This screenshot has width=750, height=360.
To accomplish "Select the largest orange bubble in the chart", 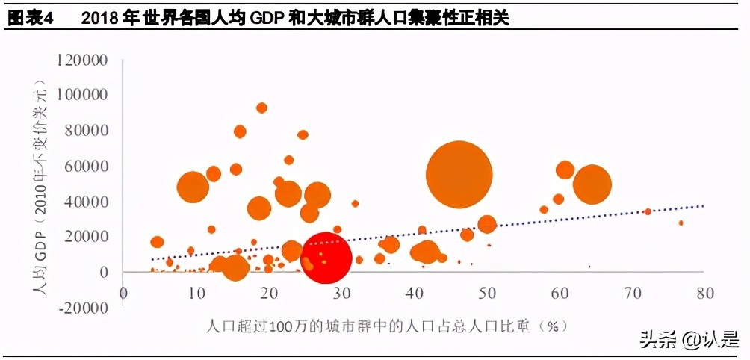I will [459, 175].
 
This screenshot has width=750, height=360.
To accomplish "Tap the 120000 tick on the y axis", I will [85, 60].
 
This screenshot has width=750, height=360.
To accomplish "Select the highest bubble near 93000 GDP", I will [261, 108].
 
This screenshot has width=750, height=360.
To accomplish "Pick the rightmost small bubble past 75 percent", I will [681, 223].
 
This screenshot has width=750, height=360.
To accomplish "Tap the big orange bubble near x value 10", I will [193, 187].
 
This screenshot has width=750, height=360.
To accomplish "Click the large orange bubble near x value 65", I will [592, 184].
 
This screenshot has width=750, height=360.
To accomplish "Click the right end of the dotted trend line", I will [702, 205].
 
